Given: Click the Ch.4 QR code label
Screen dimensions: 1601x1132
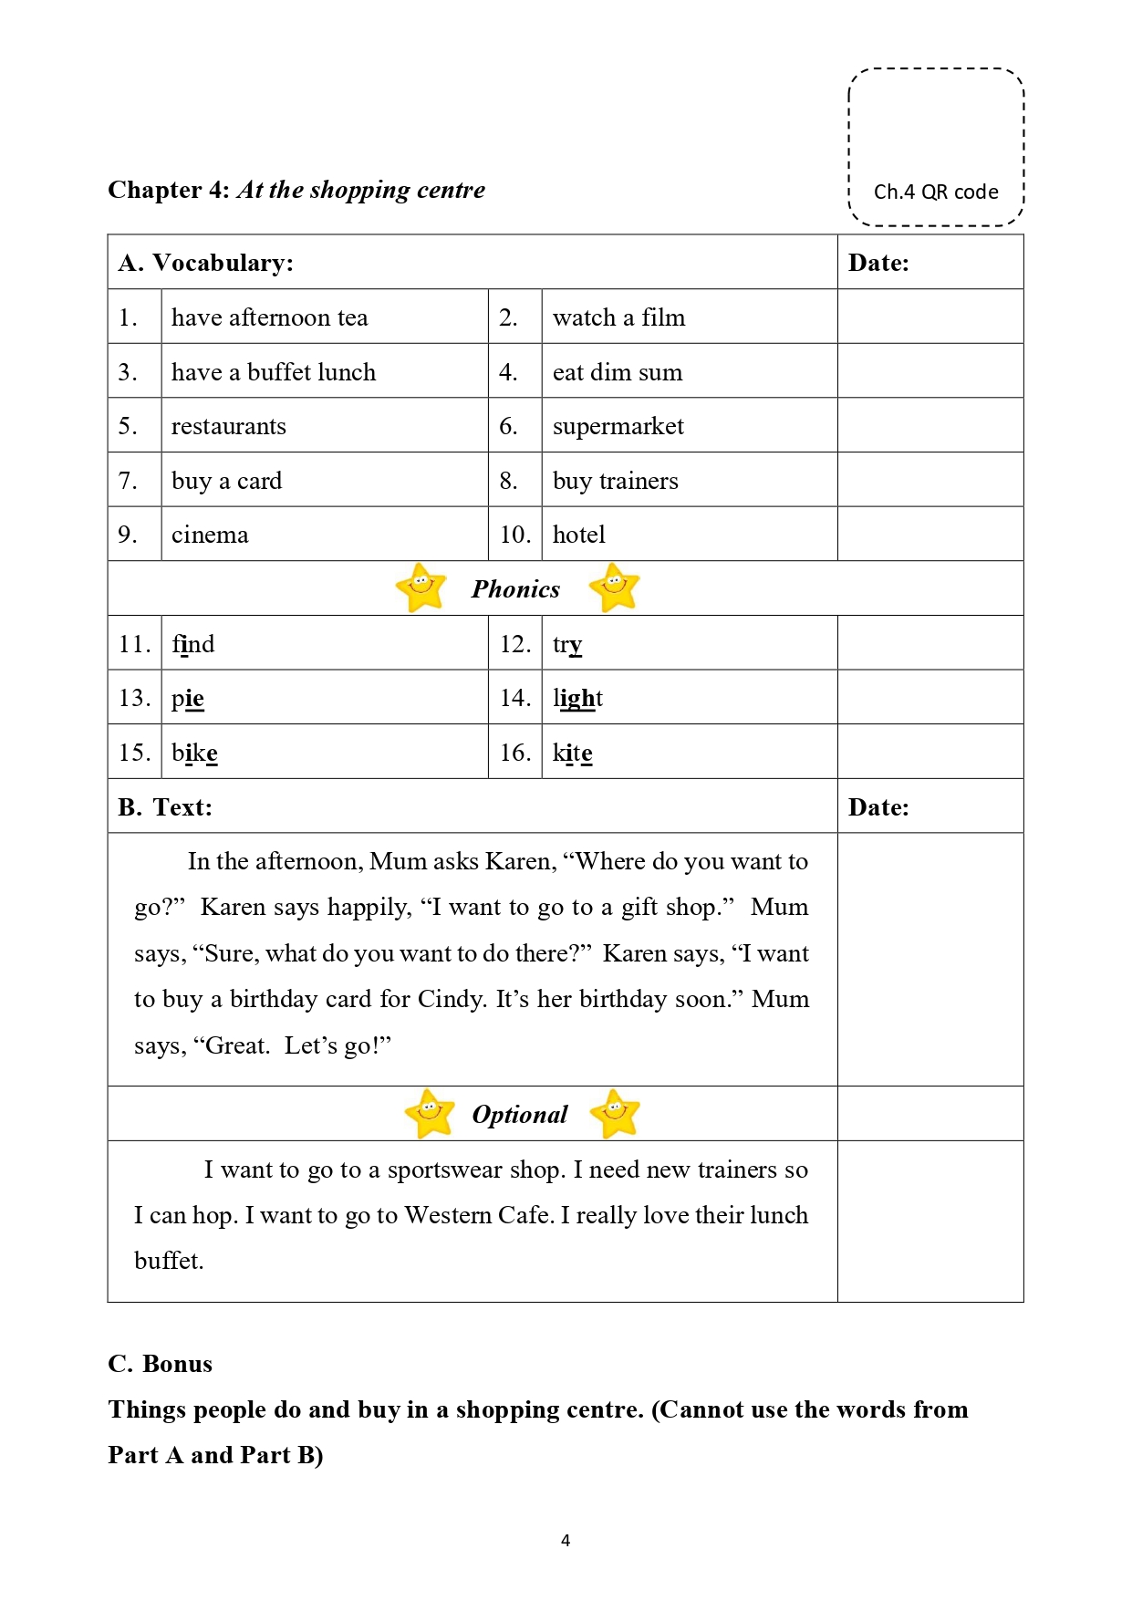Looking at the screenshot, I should pos(935,192).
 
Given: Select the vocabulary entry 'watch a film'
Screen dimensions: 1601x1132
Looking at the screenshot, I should pos(618,317).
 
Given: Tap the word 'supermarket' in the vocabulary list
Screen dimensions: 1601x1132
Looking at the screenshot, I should pos(618,426).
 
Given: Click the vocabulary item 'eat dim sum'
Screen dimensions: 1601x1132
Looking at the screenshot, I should pos(617,372).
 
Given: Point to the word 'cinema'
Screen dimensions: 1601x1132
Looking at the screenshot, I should pos(210,535).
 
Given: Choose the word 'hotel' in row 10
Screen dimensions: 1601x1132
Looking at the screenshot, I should pos(578,535).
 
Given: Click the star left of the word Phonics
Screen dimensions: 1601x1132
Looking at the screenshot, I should pos(421,587).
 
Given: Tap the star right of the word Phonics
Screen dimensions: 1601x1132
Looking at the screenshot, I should pos(614,587).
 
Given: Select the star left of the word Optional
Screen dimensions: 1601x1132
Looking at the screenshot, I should pos(430,1113).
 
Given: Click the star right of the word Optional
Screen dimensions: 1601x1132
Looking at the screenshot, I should pos(615,1113).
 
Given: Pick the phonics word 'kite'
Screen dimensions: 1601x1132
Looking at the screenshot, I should pos(572,753).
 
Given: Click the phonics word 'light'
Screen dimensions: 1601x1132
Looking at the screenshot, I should pos(577,698).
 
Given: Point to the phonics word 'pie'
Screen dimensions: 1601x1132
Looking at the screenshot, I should pos(187,698).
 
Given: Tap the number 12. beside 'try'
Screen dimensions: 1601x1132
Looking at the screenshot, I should pos(514,644).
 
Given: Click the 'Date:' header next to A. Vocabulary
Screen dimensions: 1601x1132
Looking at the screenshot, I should pos(878,263).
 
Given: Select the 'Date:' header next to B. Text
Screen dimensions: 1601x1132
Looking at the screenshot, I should pos(878,807).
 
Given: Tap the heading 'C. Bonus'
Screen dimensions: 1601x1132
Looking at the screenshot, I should pos(160,1364).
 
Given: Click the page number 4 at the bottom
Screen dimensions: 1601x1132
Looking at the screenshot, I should pos(566,1541).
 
